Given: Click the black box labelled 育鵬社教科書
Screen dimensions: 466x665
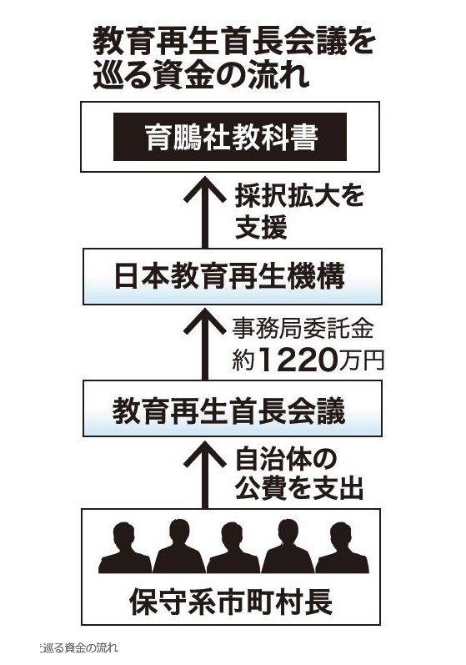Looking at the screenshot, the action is click(229, 137).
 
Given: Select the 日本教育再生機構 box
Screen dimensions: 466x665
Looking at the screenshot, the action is click(232, 276).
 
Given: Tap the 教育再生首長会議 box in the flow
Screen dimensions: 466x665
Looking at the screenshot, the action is click(232, 408).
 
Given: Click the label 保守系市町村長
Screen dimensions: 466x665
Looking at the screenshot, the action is click(231, 601).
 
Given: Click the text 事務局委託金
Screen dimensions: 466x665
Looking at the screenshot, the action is click(303, 329).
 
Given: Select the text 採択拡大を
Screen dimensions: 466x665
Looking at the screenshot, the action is click(299, 196).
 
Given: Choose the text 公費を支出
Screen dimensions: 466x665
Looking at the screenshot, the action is click(299, 489).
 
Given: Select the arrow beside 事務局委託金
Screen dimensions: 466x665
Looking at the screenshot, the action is click(205, 344).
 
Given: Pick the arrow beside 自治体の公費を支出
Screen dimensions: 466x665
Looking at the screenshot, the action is click(205, 474).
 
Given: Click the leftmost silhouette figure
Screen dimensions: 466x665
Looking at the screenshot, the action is click(124, 548).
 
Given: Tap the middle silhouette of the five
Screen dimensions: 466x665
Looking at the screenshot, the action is click(233, 548).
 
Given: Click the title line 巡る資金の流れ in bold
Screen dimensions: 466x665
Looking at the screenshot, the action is click(201, 76).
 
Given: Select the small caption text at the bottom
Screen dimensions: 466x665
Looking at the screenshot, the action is click(78, 647).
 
